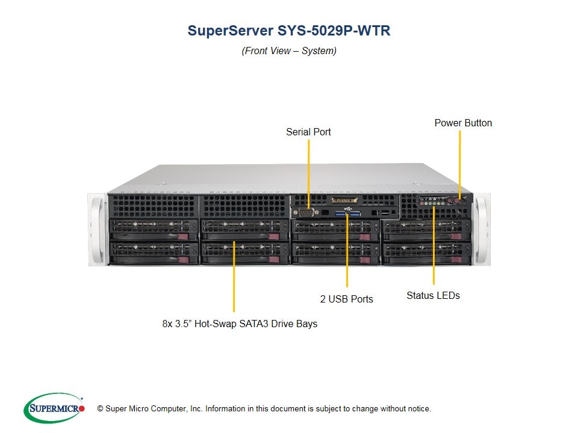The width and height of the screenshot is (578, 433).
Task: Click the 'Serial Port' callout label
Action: coord(308,132)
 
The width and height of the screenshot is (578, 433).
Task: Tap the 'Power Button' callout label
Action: coord(463,123)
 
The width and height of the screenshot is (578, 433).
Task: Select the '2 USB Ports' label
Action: coord(346,299)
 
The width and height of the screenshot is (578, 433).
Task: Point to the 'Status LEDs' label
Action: coord(433,295)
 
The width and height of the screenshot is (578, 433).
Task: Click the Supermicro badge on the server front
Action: coord(344,200)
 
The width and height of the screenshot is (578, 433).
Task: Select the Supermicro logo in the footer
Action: coord(54,408)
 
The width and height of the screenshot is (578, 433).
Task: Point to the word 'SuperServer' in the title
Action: coord(229,31)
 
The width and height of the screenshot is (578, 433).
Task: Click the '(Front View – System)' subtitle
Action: coord(289,51)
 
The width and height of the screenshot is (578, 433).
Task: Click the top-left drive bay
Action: coord(154,228)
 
